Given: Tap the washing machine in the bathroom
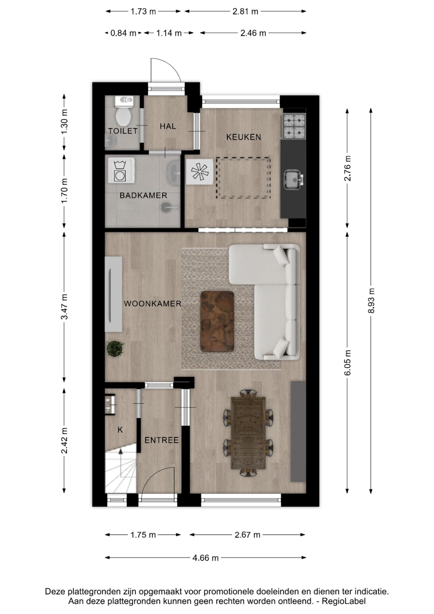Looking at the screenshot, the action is point(121,170).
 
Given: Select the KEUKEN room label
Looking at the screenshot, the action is point(244,137).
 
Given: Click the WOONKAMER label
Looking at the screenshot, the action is point(153,304).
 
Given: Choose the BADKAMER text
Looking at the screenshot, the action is point(143,195).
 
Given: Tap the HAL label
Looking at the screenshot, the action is point(168,126).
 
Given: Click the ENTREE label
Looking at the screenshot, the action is point(162,440).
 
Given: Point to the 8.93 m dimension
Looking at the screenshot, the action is point(371,301).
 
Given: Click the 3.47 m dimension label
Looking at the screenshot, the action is point(64,307).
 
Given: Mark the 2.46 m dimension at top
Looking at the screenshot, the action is point(253,33).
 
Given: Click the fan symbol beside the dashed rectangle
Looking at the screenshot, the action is point(199,172).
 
